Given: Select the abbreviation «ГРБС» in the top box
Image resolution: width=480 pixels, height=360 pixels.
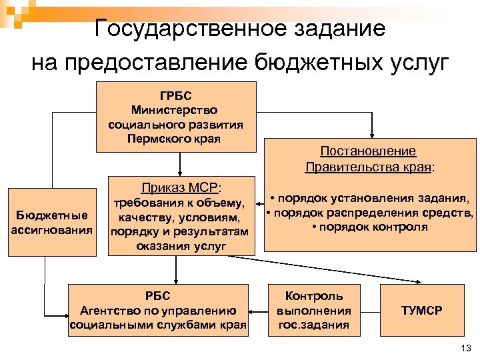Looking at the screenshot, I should pos(176,96).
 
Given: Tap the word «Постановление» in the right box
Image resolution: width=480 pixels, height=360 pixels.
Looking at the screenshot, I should pos(368,151).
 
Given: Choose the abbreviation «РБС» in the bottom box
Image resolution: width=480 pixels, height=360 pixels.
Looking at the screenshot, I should pos(157,296).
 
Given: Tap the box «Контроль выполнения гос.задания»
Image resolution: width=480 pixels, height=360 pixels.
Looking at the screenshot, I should pos(313,310).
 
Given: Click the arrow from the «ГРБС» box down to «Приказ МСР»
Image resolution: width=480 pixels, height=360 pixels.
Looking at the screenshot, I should pos(179,163).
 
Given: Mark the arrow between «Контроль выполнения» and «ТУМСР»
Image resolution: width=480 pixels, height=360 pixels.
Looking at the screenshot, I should pos(369,311).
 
